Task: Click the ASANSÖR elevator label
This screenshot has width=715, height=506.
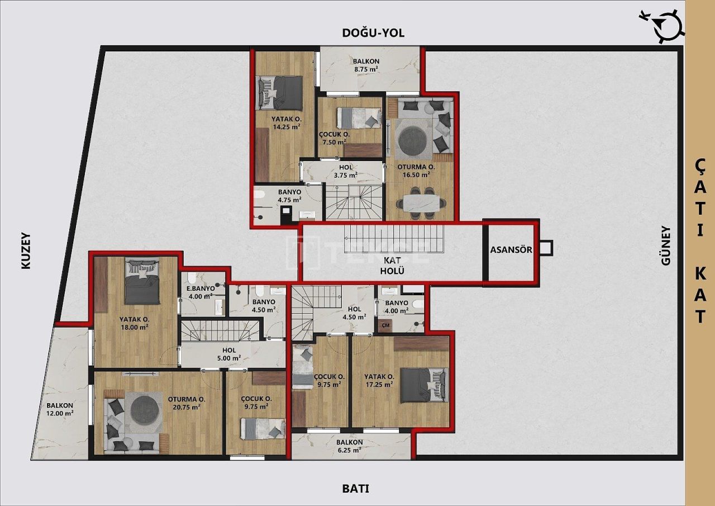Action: (511, 250)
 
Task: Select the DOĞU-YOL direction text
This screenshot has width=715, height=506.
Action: (373, 33)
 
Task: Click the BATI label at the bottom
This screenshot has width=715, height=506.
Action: (355, 488)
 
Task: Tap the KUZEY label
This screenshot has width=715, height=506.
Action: (26, 251)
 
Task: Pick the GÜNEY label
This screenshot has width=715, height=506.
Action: (666, 245)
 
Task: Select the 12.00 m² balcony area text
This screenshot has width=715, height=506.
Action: (60, 409)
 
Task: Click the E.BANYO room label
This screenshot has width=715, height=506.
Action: (201, 292)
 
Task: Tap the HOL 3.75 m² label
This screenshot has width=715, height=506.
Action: (346, 171)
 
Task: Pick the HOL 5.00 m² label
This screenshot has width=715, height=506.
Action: (230, 354)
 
